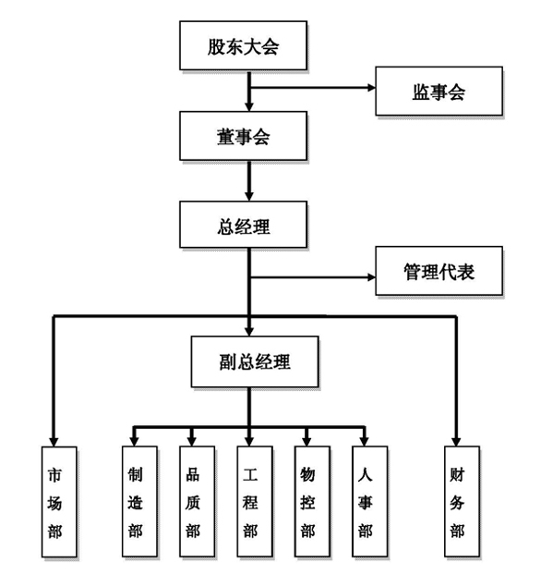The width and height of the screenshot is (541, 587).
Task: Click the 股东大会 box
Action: pyautogui.click(x=243, y=45)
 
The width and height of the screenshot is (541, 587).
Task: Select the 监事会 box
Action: pyautogui.click(x=439, y=91)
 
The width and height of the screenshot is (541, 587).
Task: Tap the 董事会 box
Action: pyautogui.click(x=243, y=136)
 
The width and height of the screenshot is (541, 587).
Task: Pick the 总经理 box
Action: pyautogui.click(x=243, y=225)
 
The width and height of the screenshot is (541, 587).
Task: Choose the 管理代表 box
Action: pyautogui.click(x=439, y=271)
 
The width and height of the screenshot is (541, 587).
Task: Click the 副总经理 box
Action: pyautogui.click(x=255, y=361)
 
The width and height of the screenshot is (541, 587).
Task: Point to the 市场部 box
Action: pyautogui.click(x=59, y=502)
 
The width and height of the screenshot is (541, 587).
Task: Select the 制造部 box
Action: pyautogui.click(x=139, y=502)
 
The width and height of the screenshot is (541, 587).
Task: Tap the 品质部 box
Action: pyautogui.click(x=197, y=502)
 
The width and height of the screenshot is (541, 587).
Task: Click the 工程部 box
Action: pyautogui.click(x=255, y=502)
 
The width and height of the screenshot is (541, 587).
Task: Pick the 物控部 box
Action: pyautogui.click(x=312, y=502)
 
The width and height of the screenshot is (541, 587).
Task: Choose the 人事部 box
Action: pyautogui.click(x=370, y=502)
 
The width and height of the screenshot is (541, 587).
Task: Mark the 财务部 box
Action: pyautogui.click(x=463, y=502)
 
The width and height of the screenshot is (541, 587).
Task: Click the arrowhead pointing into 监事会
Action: pyautogui.click(x=372, y=88)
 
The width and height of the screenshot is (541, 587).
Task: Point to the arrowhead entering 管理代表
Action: pyautogui.click(x=372, y=277)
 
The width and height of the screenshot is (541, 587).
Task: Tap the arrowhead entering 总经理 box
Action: pyautogui.click(x=249, y=197)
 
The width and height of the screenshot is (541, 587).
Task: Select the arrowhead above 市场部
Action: pyautogui.click(x=54, y=442)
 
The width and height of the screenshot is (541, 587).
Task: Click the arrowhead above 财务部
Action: pyautogui.click(x=456, y=442)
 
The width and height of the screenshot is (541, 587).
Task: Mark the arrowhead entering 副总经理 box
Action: pyautogui.click(x=249, y=332)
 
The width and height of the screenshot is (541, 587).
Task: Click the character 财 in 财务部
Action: pyautogui.click(x=457, y=475)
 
